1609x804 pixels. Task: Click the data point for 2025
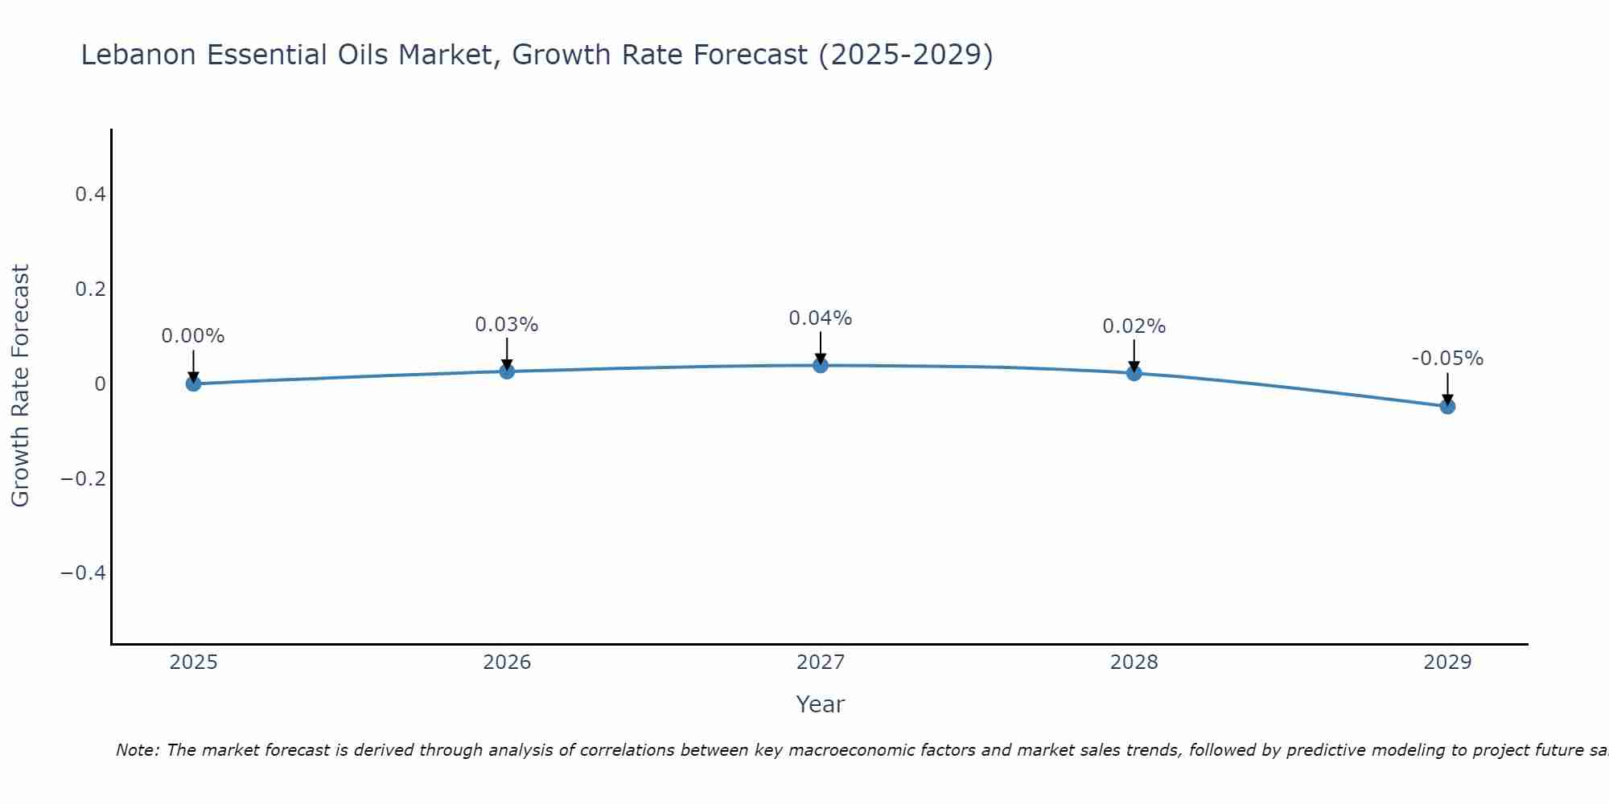[193, 384]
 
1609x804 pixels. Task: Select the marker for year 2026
[507, 371]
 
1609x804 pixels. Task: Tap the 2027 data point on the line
[820, 365]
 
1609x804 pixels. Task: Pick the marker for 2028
[1134, 373]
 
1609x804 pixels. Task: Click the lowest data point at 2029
[1447, 406]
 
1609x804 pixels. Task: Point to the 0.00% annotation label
[193, 336]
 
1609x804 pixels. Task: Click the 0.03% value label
[507, 325]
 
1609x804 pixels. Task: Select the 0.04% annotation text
[820, 318]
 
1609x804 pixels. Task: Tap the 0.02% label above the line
[1134, 326]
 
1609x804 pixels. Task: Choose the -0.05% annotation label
[1447, 359]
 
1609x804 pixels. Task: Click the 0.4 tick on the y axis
[90, 195]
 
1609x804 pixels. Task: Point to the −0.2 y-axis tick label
[83, 478]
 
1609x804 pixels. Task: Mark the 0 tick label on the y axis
[100, 384]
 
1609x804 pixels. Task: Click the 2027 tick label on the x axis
[820, 662]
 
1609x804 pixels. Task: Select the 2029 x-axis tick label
[1447, 662]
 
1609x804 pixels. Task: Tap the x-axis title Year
[820, 704]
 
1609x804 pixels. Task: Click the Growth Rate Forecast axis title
[21, 385]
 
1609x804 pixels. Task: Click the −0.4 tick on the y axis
[83, 572]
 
